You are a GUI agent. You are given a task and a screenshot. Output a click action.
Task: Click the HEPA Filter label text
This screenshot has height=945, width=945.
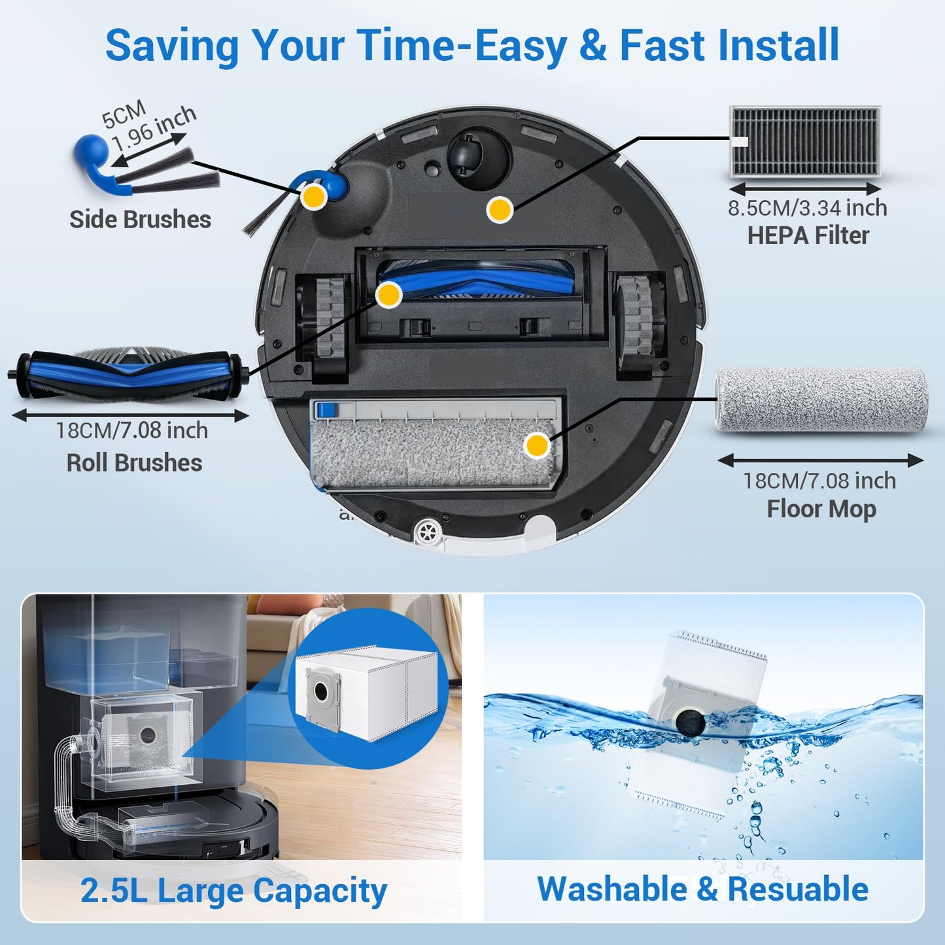click(808, 235)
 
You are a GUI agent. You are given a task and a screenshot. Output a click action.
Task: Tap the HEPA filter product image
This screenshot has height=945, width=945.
click(805, 142)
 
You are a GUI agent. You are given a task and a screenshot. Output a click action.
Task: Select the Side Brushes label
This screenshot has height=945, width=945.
click(140, 220)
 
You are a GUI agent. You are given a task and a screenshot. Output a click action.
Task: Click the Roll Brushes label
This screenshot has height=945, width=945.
click(134, 463)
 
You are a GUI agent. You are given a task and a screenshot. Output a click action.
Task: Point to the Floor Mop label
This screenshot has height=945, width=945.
click(821, 509)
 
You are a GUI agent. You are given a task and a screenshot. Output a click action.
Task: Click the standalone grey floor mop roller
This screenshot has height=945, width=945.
click(821, 400)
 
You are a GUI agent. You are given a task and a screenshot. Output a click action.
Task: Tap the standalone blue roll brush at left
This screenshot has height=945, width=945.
click(128, 375)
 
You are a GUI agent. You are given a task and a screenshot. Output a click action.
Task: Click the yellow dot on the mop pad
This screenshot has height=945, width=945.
click(537, 445)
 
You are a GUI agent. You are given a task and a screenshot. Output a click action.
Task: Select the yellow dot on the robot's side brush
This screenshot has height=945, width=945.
click(314, 196)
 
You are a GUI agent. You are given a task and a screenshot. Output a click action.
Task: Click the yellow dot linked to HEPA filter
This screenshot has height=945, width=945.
click(500, 209)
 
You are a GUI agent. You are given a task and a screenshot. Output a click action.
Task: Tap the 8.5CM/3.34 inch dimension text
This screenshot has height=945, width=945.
click(808, 208)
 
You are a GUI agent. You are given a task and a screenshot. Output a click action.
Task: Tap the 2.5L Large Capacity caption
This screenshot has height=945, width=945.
click(233, 891)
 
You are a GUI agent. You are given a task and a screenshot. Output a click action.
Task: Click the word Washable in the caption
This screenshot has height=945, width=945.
click(611, 889)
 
